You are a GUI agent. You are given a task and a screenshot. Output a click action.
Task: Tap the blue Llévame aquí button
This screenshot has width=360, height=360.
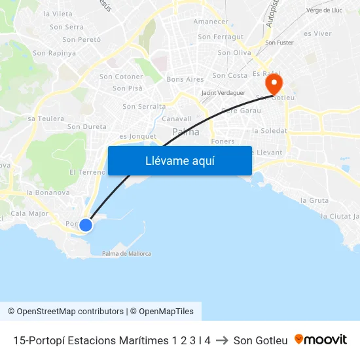(x=180, y=160)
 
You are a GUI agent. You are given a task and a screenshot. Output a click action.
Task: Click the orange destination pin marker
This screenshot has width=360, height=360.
(x=273, y=84)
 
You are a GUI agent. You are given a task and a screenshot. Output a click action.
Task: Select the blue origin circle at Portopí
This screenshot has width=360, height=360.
(x=85, y=225)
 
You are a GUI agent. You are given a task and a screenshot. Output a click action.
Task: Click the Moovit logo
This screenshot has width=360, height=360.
(x=321, y=340)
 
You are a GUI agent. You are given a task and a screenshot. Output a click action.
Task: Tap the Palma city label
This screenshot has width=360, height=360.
(x=186, y=132)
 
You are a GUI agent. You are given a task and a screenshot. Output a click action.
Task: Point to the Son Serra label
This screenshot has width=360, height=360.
(x=67, y=27)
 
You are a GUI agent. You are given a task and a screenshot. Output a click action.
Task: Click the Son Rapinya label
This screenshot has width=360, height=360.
(x=54, y=53)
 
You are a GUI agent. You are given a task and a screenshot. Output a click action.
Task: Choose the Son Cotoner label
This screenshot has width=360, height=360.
(x=121, y=77)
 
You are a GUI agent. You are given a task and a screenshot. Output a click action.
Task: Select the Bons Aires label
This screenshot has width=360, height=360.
(x=185, y=79)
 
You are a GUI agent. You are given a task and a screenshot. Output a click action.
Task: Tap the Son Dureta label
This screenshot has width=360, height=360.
(x=86, y=126)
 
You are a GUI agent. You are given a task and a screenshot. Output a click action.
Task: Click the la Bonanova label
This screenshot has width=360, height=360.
(x=48, y=192)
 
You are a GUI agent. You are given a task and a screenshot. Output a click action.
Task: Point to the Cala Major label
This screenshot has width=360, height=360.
(x=29, y=213)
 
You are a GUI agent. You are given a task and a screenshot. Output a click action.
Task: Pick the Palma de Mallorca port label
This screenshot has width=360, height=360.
(x=126, y=253)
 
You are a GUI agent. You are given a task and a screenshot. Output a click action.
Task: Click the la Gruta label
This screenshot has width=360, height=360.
(x=314, y=200)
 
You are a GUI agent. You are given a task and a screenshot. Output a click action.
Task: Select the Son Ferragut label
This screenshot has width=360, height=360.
(x=221, y=37)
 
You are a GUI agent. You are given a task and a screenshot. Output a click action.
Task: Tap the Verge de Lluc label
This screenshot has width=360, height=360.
(x=324, y=10)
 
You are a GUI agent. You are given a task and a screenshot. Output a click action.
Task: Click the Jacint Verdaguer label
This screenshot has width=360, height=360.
(x=223, y=93)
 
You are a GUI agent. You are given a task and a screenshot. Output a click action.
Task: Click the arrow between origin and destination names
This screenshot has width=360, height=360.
(x=222, y=340)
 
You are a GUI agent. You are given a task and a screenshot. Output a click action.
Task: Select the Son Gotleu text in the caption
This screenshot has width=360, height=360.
(x=261, y=340)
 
